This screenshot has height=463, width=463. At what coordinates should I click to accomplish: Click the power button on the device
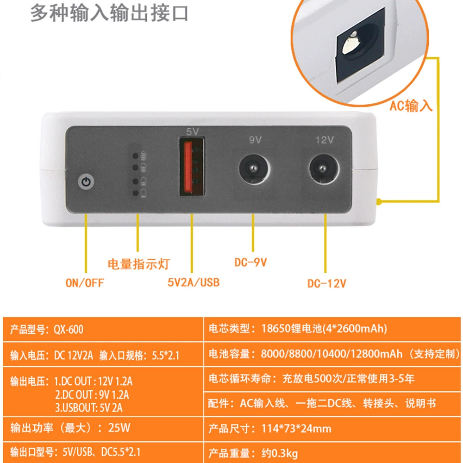pos(86,181)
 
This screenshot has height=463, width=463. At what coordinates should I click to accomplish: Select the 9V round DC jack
pos(254,169)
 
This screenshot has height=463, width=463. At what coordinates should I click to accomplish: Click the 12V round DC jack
pos(324,169)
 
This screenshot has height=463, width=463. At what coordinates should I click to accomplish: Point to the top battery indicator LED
pos(136,155)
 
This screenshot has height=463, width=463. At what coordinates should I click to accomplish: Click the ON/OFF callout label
pos(85,283)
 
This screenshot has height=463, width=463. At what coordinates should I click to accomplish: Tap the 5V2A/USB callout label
pos(194,282)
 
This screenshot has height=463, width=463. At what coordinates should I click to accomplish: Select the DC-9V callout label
pos(250,262)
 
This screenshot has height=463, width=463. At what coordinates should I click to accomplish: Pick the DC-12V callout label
pos(326,283)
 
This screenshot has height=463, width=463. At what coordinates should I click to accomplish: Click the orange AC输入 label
pos(411,106)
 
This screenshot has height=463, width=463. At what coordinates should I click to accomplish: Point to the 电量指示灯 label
pos(138,264)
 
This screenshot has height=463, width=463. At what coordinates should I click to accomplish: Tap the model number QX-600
pos(68,329)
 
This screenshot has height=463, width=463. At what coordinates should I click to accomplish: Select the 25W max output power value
pos(119,427)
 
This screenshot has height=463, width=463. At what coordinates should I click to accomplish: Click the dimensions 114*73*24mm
pos(296,428)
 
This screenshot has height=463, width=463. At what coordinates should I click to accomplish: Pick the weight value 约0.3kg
pos(280,453)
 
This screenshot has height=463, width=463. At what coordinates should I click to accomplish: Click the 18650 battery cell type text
pos(324,328)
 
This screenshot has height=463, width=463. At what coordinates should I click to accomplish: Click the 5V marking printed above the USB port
pos(193,131)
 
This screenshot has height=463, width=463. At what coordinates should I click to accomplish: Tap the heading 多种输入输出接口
pos(109,13)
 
